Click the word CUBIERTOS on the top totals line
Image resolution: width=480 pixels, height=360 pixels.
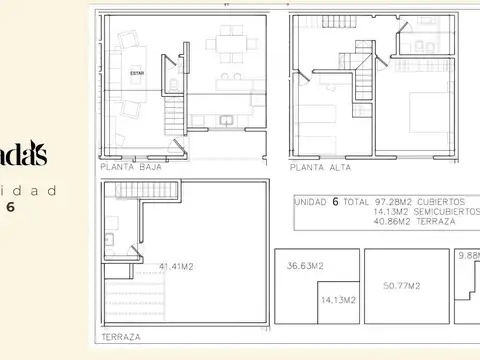[441, 201]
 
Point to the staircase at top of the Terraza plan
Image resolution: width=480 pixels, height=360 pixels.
[160, 189]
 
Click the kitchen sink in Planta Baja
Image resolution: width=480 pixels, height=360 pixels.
[229, 122]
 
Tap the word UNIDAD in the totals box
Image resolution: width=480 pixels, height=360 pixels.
[311, 201]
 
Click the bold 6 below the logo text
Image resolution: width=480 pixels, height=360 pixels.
[9, 208]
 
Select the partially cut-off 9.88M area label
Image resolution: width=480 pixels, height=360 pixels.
[469, 256]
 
